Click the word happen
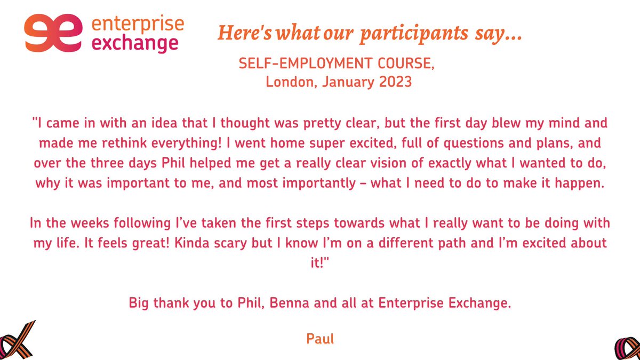click(x=581, y=183)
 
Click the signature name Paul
click(x=320, y=338)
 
